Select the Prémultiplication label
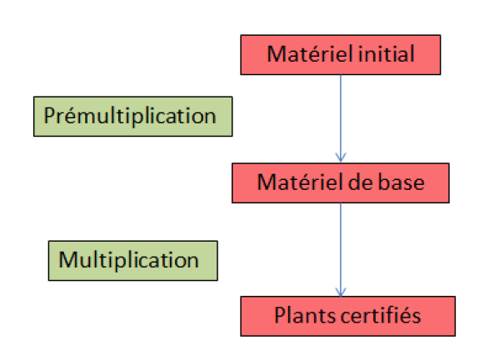point(130,116)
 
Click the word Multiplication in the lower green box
point(128,260)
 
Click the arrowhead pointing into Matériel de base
point(341,157)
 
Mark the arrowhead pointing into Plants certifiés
point(341,292)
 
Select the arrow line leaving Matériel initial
point(341,118)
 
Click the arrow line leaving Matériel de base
point(341,249)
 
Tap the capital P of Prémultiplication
point(49,115)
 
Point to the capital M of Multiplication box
point(67,260)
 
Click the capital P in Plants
point(281,315)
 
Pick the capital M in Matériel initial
point(276,54)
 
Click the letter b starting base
point(384,182)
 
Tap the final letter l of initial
point(412,54)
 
